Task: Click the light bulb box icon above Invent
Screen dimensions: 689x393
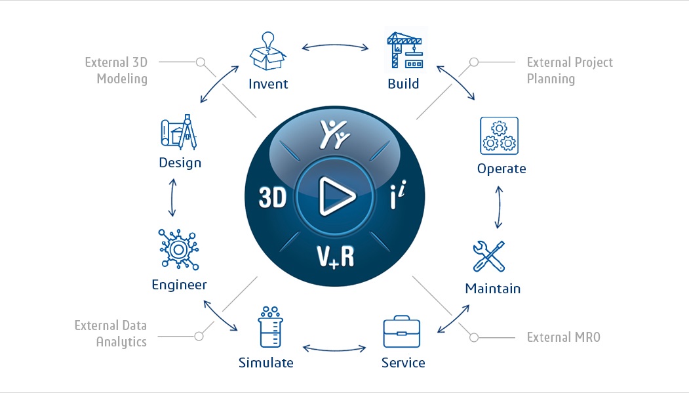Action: (x=267, y=51)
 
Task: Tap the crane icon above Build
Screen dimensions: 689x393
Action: (x=404, y=50)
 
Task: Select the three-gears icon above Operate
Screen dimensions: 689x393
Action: (x=499, y=136)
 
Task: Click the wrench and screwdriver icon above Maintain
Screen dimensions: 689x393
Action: (x=489, y=257)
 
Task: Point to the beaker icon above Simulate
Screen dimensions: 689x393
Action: (x=270, y=327)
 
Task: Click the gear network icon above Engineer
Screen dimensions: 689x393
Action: (x=179, y=249)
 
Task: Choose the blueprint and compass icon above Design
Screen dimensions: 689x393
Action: (x=179, y=132)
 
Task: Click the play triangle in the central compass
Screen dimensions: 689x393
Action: (x=336, y=196)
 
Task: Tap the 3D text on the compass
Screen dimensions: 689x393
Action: (x=273, y=197)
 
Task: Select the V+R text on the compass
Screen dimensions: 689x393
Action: (x=335, y=257)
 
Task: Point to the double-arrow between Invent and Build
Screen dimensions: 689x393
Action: (x=335, y=45)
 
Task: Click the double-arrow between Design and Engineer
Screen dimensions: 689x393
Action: (x=172, y=197)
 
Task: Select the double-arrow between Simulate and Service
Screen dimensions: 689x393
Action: (x=334, y=350)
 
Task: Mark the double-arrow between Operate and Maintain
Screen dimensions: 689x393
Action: (x=499, y=207)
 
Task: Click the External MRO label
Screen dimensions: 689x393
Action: (x=563, y=337)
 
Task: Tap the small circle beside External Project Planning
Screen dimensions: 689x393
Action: (x=474, y=62)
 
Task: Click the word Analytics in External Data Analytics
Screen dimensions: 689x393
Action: (x=121, y=342)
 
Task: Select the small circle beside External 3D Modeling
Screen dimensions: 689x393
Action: (x=201, y=62)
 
